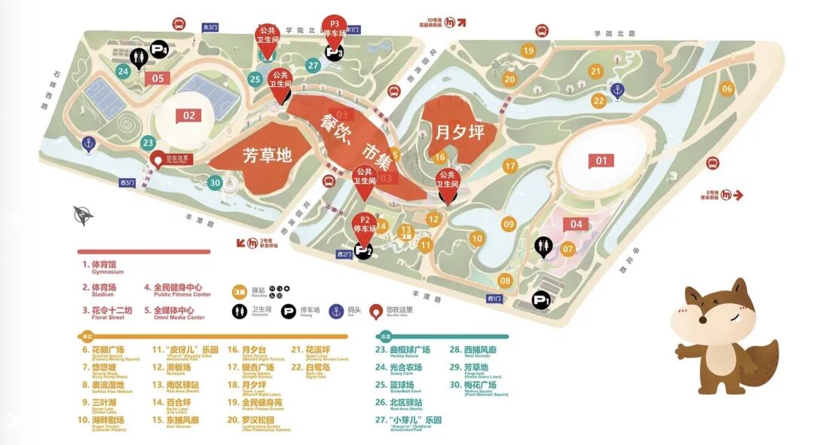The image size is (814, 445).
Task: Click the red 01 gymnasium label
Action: (x=601, y=161)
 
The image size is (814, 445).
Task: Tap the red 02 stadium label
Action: (x=188, y=115)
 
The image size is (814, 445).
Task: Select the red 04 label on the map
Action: (x=576, y=224)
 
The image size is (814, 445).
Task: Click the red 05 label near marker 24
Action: (x=158, y=78)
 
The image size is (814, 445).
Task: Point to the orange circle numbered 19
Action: (x=528, y=51)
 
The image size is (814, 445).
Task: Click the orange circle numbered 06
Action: (x=727, y=89)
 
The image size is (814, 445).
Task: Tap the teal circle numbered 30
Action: (x=216, y=182)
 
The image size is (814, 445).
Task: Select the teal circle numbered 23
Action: (x=148, y=143)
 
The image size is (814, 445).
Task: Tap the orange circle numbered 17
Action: (x=510, y=166)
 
